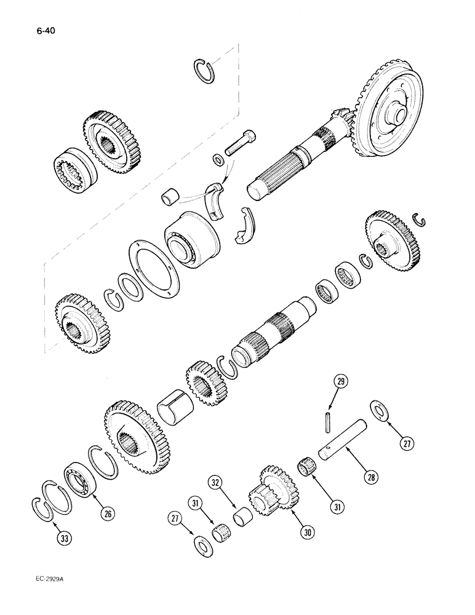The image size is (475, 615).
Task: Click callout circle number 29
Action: pyautogui.click(x=341, y=383)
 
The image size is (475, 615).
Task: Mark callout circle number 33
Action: pyautogui.click(x=63, y=539)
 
